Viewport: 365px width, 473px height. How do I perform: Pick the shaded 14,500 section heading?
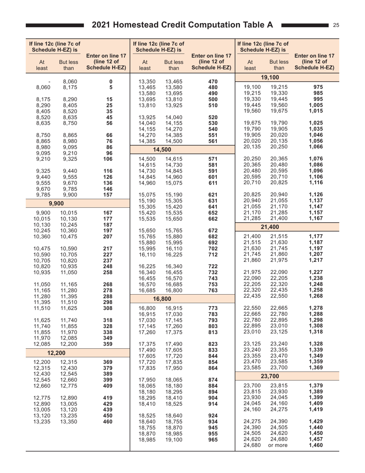(x=163, y=149)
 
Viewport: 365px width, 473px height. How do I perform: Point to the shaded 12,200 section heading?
(x=56, y=353)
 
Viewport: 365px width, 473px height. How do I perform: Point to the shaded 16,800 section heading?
(x=163, y=298)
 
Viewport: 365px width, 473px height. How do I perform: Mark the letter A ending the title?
(x=269, y=25)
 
